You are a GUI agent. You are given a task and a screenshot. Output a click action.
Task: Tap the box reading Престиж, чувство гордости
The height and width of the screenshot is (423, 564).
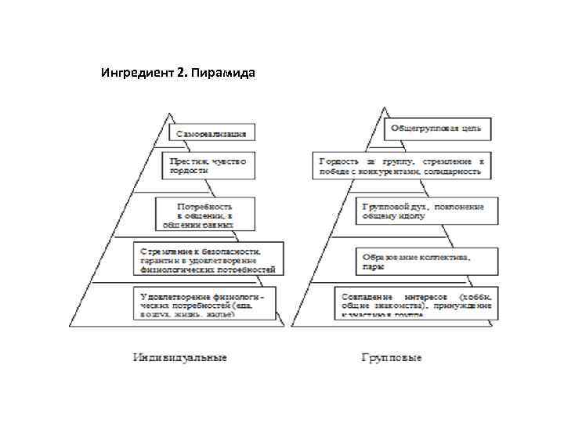coord(209,164)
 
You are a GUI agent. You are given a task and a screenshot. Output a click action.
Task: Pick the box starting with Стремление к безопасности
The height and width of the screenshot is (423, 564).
coord(209,258)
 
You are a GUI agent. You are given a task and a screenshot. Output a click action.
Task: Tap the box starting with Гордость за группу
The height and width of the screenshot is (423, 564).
coord(402,165)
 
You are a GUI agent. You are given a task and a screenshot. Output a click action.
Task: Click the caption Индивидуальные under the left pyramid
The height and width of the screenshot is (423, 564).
coord(179,357)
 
